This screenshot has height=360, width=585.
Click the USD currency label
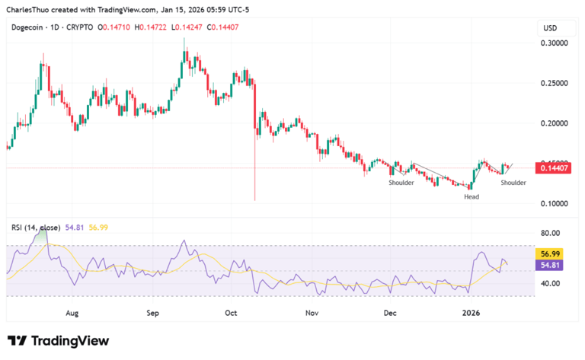[549, 27]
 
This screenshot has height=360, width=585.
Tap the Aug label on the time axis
[72, 313]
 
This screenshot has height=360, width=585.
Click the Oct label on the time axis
[232, 313]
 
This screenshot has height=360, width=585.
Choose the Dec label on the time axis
[390, 313]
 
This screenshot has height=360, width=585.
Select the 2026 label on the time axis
[472, 313]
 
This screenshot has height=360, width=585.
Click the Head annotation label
[472, 197]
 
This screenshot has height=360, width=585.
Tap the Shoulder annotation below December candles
[401, 183]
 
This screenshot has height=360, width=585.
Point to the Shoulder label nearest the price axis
[513, 183]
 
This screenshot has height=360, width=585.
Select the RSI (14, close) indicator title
[37, 227]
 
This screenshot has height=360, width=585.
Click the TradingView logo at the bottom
[58, 341]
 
